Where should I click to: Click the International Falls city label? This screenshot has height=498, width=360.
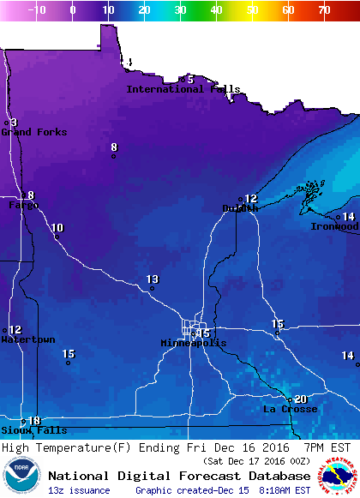[x=183, y=89]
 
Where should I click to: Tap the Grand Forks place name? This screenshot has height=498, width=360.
[x=28, y=132]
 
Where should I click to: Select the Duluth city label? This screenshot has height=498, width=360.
[x=240, y=208]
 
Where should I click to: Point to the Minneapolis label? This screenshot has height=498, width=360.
[x=194, y=343]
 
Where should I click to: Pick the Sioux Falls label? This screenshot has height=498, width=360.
[x=22, y=429]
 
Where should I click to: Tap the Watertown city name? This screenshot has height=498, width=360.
[x=27, y=339]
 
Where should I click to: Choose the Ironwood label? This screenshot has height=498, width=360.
[x=334, y=226]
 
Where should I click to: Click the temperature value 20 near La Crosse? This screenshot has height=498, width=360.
[x=300, y=399]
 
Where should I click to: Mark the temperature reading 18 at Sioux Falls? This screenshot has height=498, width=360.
[x=34, y=421]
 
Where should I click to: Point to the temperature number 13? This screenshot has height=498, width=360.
[x=153, y=279]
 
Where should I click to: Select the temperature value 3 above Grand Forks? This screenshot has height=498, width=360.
[x=14, y=123]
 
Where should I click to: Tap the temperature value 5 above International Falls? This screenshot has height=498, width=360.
[x=190, y=80]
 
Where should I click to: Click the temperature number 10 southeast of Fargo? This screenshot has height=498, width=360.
[x=57, y=228]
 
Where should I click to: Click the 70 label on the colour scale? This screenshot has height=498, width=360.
[x=323, y=10]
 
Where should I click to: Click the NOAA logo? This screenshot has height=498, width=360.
[x=21, y=476]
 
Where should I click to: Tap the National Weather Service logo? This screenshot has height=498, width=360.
[x=339, y=476]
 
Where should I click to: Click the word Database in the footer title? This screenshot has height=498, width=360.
[x=277, y=476]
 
